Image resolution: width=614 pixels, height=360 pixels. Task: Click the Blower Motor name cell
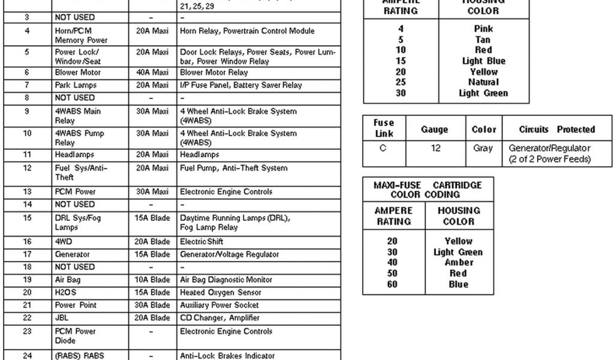point(78,73)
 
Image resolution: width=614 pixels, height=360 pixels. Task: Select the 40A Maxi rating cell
point(152,73)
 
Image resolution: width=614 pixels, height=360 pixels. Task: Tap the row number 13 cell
point(27,192)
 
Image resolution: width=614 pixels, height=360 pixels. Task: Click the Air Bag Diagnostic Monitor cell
point(226,280)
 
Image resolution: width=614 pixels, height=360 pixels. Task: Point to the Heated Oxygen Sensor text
point(221,292)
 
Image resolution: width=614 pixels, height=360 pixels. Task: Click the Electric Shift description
point(201,241)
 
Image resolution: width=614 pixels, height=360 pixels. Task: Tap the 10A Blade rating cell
point(152,280)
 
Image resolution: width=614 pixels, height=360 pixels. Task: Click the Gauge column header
point(435,129)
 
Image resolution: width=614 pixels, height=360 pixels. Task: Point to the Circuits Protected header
point(556,129)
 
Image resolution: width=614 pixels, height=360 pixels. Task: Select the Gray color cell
point(483,148)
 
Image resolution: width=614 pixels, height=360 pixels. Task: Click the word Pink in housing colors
point(483,29)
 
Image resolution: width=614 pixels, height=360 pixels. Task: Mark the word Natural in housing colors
point(483,82)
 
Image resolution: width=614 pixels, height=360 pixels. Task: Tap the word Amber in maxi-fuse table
point(459,263)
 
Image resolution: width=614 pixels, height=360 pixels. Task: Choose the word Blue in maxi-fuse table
point(459,284)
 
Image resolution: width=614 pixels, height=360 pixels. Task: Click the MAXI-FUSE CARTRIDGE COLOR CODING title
point(428,190)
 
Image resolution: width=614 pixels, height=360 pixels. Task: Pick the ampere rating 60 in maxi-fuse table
point(392,284)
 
